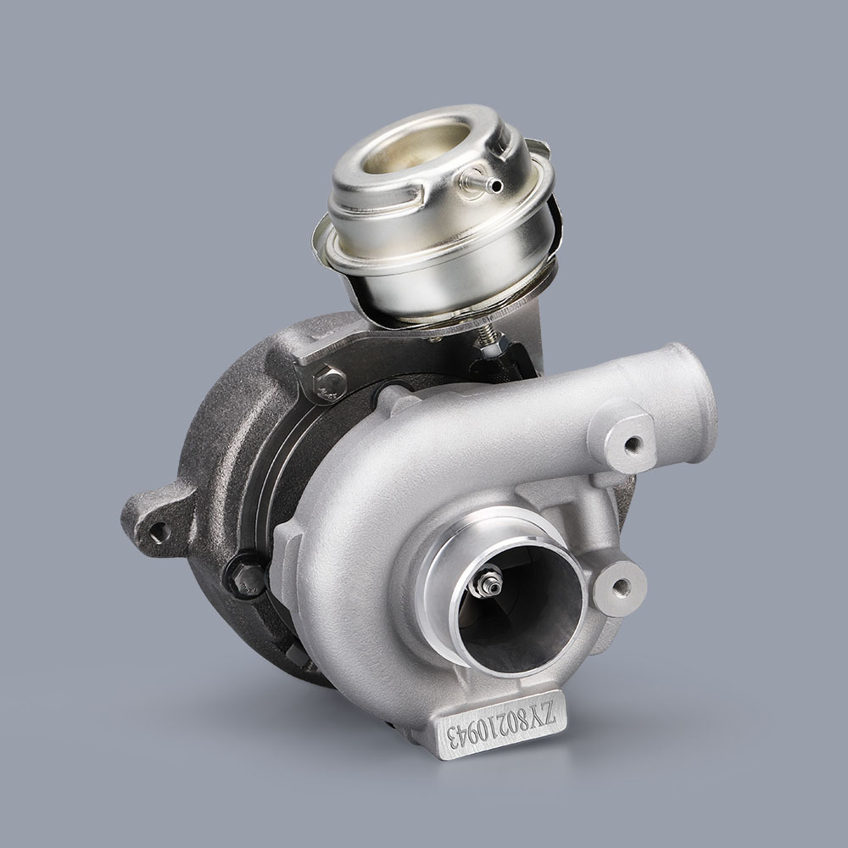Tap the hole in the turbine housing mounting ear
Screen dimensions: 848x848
point(159,531)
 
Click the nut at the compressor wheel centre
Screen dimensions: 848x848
point(490,582)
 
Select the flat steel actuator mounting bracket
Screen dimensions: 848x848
point(399,352)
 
